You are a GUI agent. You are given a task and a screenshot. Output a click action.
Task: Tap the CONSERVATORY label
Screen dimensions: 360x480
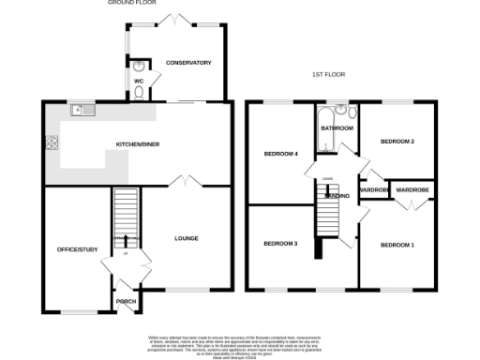188,63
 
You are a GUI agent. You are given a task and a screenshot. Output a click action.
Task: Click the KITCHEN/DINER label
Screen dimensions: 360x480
137,144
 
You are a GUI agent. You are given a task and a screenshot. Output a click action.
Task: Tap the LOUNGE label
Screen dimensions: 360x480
187,238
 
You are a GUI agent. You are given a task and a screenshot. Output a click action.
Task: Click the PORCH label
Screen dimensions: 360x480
126,301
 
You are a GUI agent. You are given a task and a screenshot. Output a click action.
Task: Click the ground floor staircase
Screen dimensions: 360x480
125,217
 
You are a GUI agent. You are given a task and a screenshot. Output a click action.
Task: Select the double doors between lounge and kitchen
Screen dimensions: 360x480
187,181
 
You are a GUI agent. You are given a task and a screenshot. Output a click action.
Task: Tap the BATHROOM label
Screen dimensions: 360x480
337,127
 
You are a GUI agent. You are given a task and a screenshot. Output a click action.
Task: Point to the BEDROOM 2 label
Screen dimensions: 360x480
397,142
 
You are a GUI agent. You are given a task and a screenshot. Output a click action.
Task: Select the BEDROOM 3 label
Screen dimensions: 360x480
279,244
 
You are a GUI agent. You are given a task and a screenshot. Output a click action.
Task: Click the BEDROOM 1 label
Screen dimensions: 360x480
397,245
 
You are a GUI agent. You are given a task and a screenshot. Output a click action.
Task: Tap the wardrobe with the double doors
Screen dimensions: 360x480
412,191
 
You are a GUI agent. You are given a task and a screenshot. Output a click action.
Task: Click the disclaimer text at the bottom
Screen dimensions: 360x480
240,343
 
